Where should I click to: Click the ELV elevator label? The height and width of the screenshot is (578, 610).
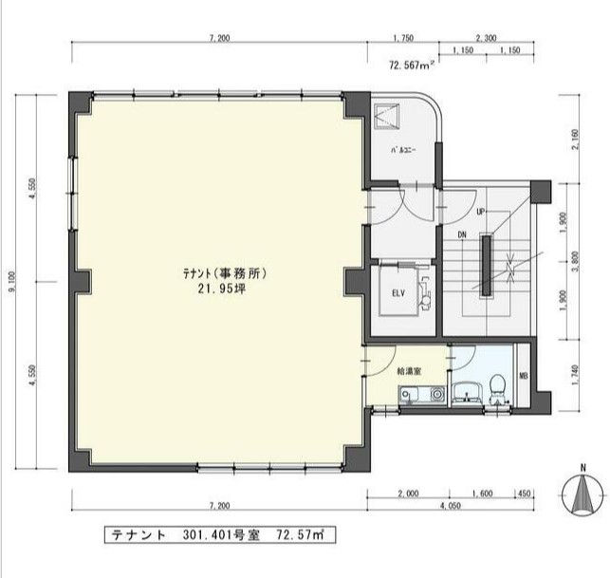coord(399,293)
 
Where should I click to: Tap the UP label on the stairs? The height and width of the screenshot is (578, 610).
coord(481,211)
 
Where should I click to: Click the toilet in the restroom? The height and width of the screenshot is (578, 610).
coord(497,389)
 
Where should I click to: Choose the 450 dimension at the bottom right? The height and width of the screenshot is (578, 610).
coord(524,494)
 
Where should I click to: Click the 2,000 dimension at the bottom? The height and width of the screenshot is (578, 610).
coord(407,494)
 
